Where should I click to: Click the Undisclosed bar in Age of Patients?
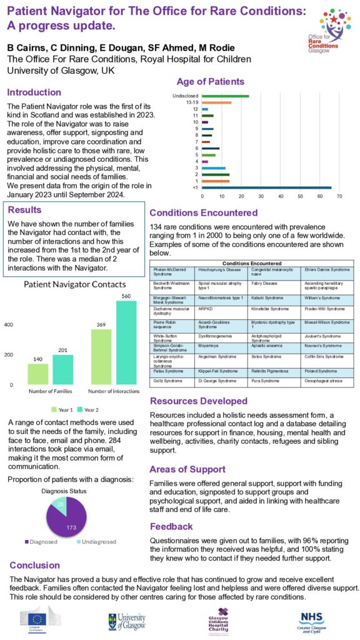pos(226,96)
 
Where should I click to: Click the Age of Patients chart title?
pos(211,82)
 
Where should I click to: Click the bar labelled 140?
pos(37,374)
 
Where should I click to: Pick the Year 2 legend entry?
pos(89,409)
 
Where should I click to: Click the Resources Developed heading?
pos(199,401)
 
